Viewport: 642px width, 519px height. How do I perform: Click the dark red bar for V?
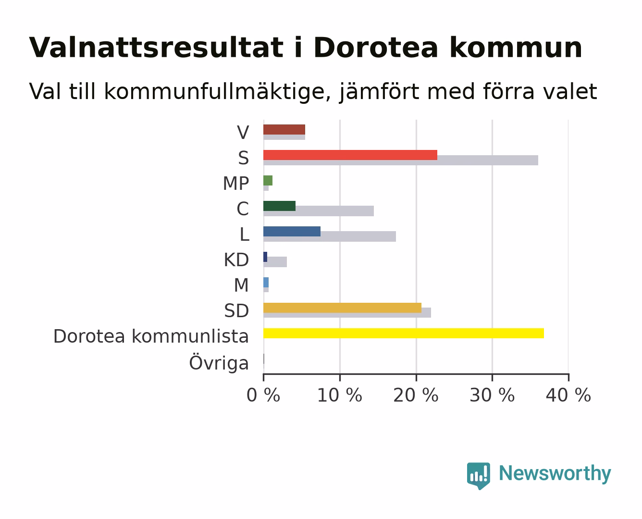pyautogui.click(x=284, y=130)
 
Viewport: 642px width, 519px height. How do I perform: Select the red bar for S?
pyautogui.click(x=350, y=155)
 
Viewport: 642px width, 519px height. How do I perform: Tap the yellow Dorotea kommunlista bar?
pyautogui.click(x=404, y=333)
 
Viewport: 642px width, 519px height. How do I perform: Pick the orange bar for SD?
pyautogui.click(x=343, y=308)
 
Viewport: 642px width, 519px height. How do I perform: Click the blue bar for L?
pyautogui.click(x=292, y=232)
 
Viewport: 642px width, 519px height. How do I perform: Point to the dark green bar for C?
pyautogui.click(x=279, y=206)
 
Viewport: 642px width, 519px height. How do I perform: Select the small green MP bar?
pyautogui.click(x=268, y=181)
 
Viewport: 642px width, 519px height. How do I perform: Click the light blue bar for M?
pyautogui.click(x=266, y=283)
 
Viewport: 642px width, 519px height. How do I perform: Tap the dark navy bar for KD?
pyautogui.click(x=265, y=257)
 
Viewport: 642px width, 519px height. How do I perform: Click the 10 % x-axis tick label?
pyautogui.click(x=340, y=395)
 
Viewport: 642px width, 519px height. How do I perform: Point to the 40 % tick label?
pyautogui.click(x=568, y=395)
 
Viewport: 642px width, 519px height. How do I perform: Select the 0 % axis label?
pyautogui.click(x=263, y=395)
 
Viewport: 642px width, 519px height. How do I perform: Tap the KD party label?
pyautogui.click(x=236, y=260)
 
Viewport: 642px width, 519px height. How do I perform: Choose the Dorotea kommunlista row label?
pyautogui.click(x=151, y=336)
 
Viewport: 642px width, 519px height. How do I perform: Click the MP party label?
pyautogui.click(x=236, y=183)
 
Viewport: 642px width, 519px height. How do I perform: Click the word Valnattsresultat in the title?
pyautogui.click(x=156, y=48)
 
